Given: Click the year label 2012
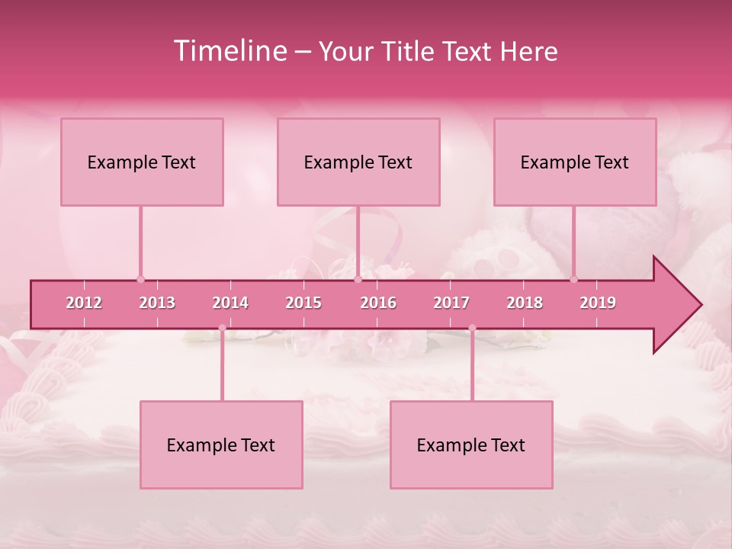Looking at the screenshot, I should pos(84,303).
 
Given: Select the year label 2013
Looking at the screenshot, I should pos(157,303).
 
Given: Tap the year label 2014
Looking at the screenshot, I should pos(230,303).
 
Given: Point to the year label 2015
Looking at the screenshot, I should pos(303,303).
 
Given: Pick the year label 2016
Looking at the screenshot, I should pos(378,303).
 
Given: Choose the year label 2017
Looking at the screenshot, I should pos(451,303).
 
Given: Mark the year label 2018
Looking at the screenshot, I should pos(525,303).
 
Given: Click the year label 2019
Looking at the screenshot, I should pos(598,303).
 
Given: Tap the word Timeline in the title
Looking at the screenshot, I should pos(230,51).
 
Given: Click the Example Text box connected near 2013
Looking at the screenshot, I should pos(142,162).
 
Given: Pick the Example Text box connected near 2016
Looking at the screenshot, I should pos(358,162).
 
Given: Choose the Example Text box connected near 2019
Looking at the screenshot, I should pos(575,162).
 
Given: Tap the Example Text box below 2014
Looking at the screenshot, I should pos(221,445).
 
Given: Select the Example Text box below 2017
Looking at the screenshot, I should pos(471,445).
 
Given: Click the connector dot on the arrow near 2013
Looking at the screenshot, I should pos(140,279).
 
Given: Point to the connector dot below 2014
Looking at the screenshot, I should pos(222,329).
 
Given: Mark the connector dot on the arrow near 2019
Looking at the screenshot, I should pos(574,279).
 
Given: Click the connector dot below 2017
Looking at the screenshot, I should pos(472,329).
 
